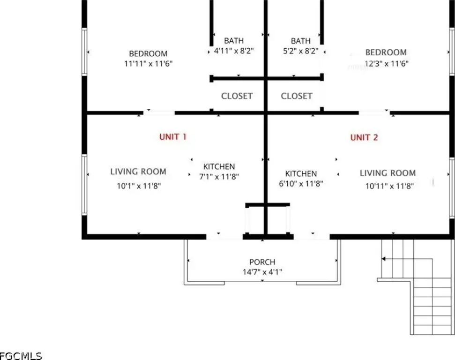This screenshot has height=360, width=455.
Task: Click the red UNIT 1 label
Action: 173,137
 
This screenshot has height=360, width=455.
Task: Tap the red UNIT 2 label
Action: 364,137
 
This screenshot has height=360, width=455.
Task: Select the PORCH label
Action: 262,262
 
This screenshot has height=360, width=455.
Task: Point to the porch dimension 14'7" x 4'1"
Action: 262,271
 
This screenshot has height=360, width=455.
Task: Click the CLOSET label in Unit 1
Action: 237,96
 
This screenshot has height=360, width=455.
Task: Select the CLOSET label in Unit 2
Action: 297,96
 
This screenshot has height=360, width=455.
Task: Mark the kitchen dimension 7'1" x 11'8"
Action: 219,177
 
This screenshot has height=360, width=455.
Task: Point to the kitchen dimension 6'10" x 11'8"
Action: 301,184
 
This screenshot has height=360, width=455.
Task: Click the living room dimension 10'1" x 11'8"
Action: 139,186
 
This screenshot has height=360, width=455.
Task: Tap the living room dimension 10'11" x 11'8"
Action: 389,186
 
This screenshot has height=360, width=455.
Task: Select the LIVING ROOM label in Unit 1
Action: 138,172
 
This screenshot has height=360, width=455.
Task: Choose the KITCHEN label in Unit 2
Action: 301,173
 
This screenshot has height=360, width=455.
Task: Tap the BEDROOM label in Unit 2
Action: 386,52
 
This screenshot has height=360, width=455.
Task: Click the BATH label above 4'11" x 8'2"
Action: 234,41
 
